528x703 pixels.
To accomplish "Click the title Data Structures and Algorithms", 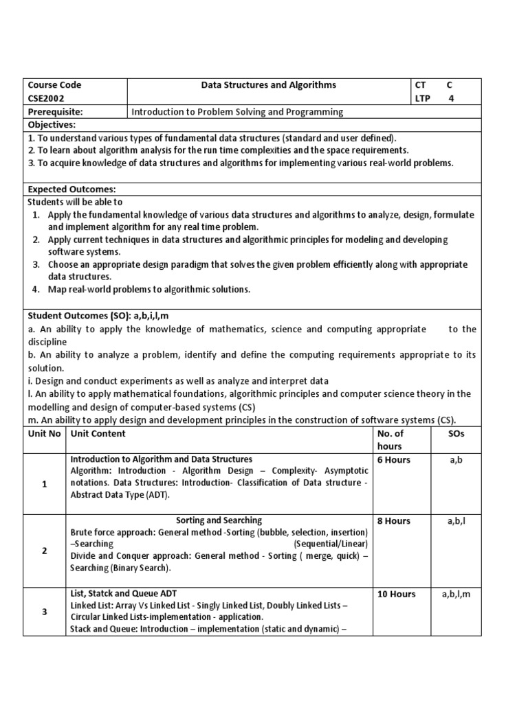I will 268,85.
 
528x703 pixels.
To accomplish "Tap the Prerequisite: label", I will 55,111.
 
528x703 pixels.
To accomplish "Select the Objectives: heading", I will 52,124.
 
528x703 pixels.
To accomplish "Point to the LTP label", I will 423,98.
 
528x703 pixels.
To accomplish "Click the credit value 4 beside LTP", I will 450,98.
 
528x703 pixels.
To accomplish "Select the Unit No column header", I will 44,433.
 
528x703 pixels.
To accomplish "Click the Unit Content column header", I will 98,433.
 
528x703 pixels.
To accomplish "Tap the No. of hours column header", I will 390,439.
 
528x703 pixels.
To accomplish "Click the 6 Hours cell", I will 394,460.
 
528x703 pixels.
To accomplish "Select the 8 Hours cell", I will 394,521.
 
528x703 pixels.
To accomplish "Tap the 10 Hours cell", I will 397,595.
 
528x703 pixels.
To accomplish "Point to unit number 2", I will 44,551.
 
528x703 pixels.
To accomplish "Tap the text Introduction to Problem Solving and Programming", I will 237,111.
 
